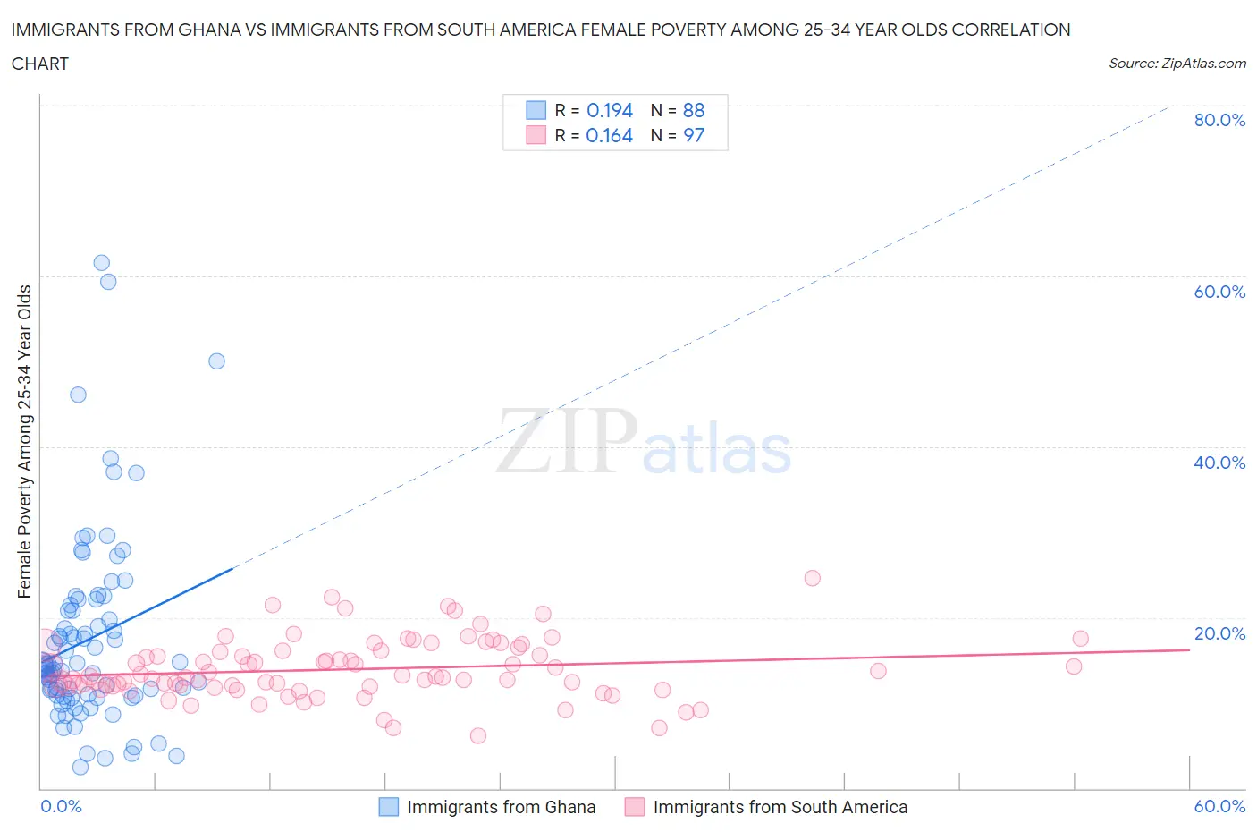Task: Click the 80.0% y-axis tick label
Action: [1219, 120]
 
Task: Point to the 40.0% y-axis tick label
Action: [1219, 463]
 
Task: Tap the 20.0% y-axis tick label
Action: [1219, 633]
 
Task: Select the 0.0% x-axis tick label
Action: [61, 806]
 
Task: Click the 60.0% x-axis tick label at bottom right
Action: [1219, 806]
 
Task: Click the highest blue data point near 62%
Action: [102, 263]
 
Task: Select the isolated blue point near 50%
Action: [216, 361]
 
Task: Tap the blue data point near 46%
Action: [79, 395]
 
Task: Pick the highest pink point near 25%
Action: [812, 578]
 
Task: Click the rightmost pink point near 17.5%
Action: [1080, 639]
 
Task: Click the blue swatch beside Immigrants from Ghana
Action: [389, 807]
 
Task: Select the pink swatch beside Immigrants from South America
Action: [635, 807]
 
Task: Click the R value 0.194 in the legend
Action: [610, 110]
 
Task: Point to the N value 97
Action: [694, 135]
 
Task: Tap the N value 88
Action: [694, 110]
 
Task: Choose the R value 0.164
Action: [610, 135]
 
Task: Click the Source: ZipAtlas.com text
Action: [1177, 63]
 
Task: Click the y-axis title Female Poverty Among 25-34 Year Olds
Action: [25, 441]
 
